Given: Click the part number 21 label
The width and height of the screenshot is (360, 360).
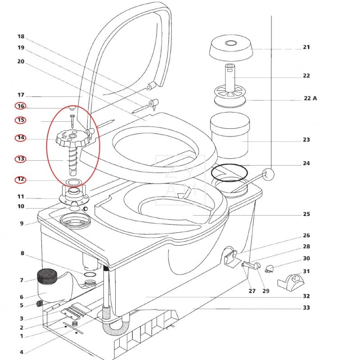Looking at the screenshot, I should coord(306,47).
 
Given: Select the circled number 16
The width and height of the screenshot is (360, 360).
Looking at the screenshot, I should coord(20,106).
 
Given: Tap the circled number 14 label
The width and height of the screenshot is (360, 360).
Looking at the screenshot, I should coord(20,138).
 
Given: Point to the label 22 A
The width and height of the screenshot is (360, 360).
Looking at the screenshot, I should coord(309,98).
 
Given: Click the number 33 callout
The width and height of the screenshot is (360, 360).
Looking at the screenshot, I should coord(306,308).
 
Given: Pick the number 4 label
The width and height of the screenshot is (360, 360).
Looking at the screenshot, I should coord(21,352).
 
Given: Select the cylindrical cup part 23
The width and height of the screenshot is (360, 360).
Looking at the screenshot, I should coord(230,136).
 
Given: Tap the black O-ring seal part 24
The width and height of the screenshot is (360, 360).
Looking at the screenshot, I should coord(229,173).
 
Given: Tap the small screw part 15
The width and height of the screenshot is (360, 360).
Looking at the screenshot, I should coord(71,121).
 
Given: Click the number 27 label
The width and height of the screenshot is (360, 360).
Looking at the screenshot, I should coord(252,291).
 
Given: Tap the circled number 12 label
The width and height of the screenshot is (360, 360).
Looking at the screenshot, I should coord(20,180).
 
